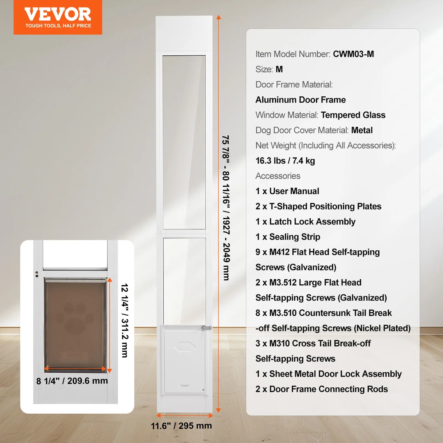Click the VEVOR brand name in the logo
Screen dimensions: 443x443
58,14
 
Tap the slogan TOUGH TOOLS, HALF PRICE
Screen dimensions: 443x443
58,26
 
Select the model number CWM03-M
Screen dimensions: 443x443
353,54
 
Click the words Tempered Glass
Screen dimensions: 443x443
353,115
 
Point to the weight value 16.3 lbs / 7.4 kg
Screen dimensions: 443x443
285,161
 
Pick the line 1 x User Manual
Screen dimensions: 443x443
287,191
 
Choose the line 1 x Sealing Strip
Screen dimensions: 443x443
288,237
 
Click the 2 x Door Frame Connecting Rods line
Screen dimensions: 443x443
321,389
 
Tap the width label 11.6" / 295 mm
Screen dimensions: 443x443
181,426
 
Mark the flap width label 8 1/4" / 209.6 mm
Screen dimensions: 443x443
72,381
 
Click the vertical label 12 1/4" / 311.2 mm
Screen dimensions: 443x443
125,320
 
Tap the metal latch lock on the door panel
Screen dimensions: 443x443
206,328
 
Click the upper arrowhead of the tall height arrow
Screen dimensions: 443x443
218,18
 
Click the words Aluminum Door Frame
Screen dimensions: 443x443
300,100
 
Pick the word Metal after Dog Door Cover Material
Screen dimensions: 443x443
362,130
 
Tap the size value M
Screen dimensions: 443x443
279,69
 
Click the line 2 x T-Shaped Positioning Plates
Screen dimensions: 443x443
318,206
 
